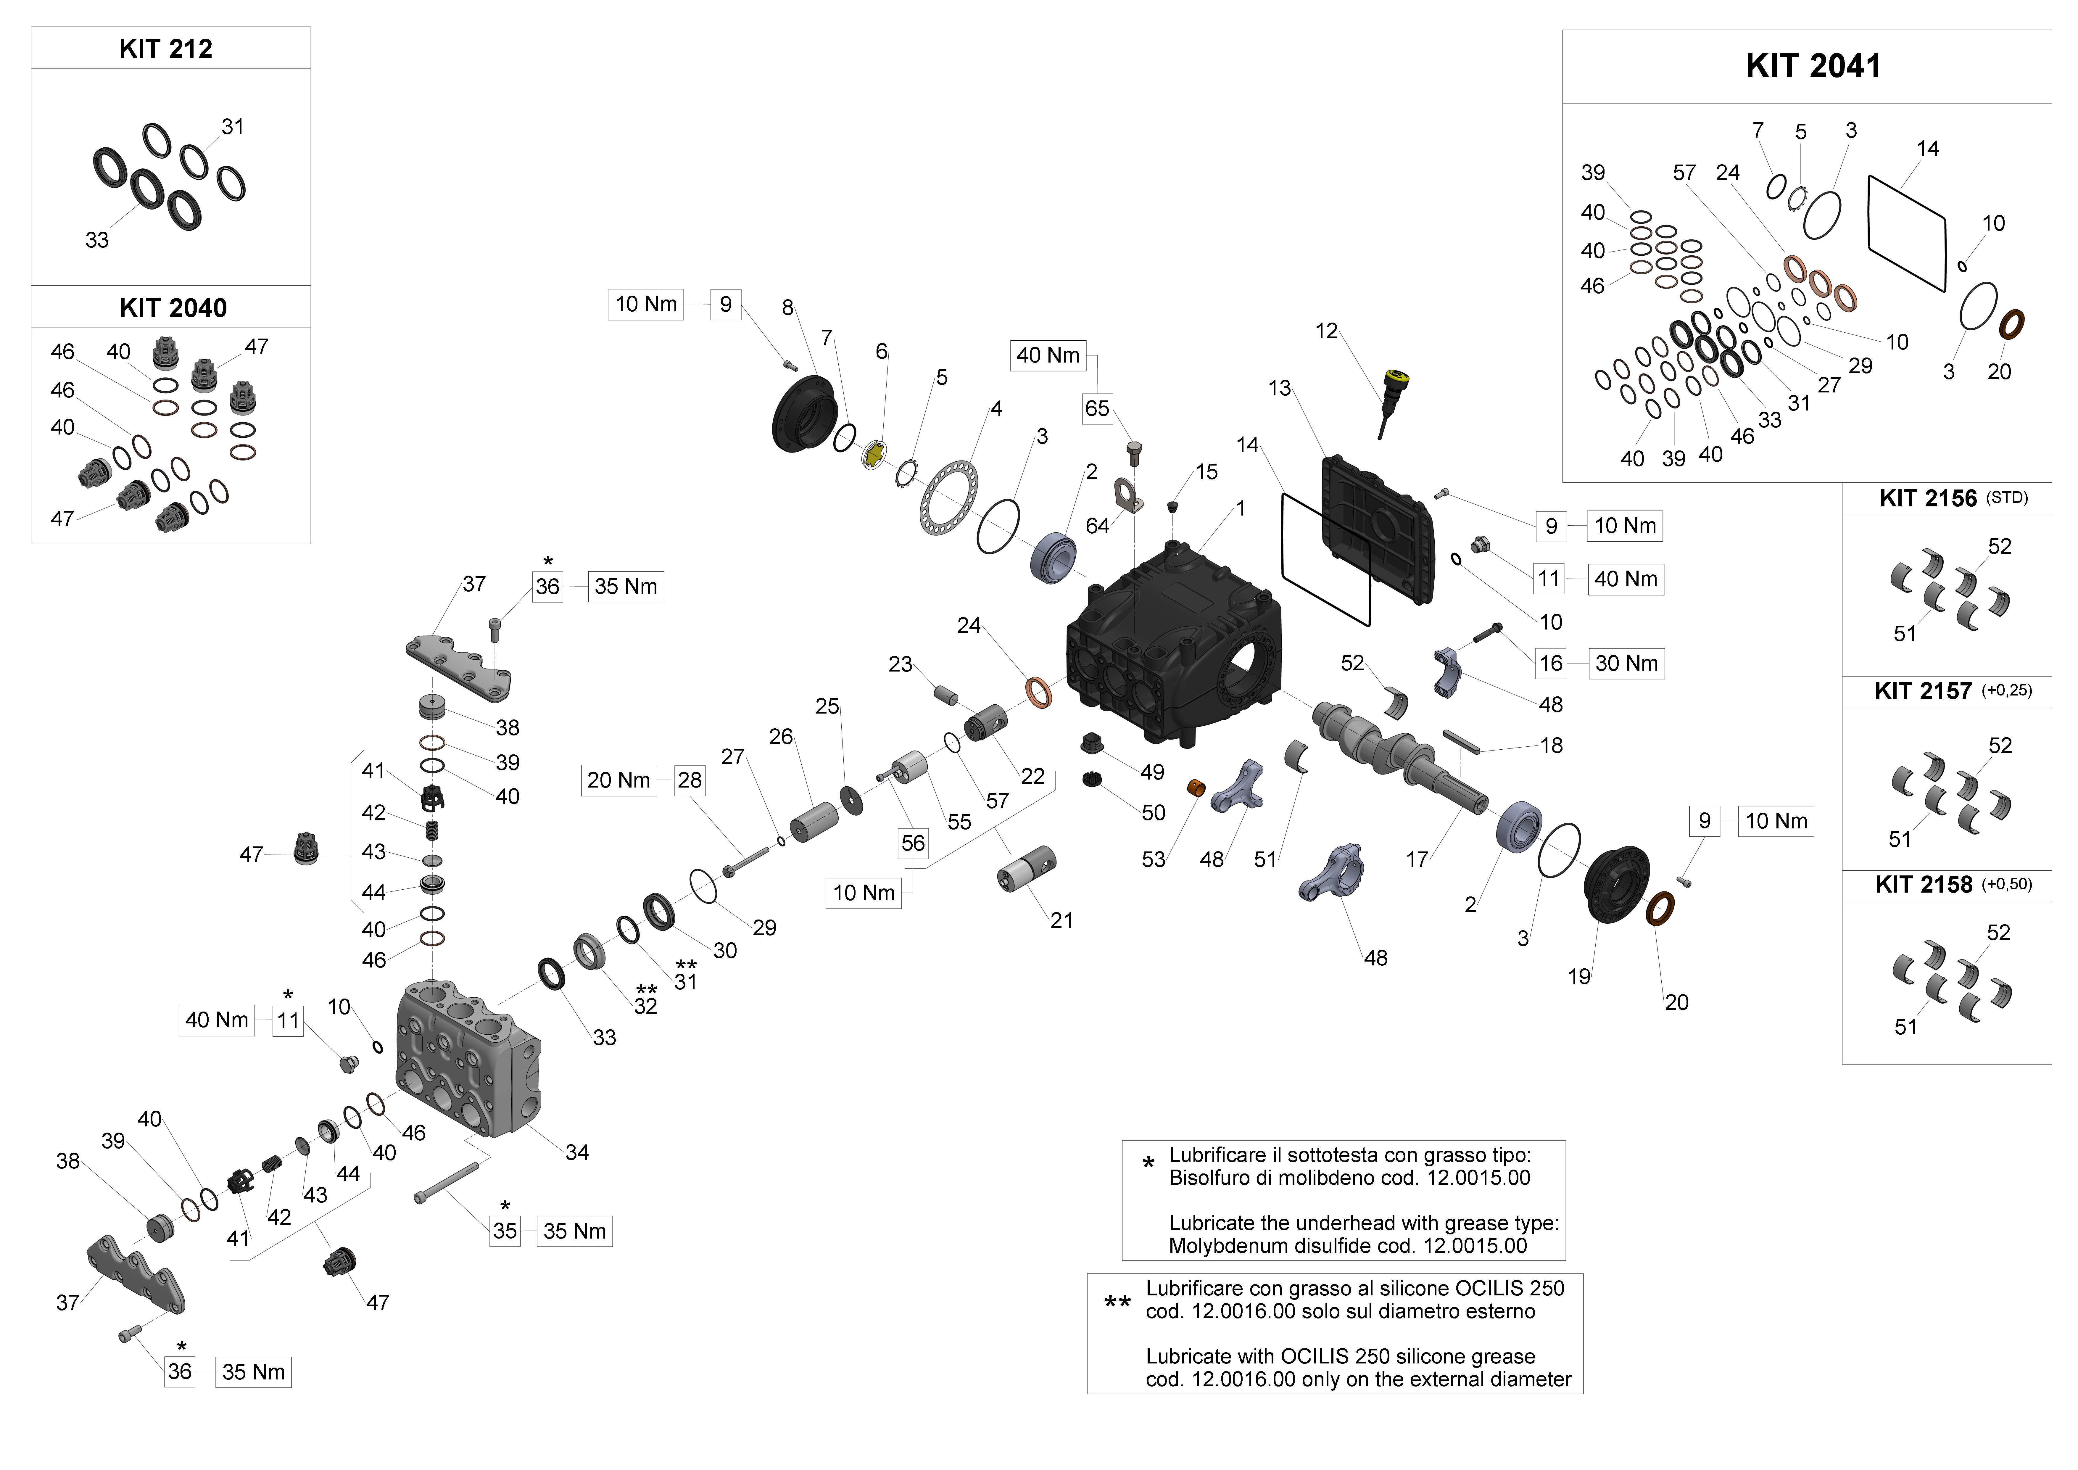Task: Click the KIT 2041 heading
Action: tap(1813, 66)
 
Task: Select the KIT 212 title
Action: tap(166, 49)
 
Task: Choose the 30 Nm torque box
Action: tap(1626, 664)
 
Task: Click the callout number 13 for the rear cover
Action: tap(1279, 388)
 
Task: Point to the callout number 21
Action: tap(1061, 920)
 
